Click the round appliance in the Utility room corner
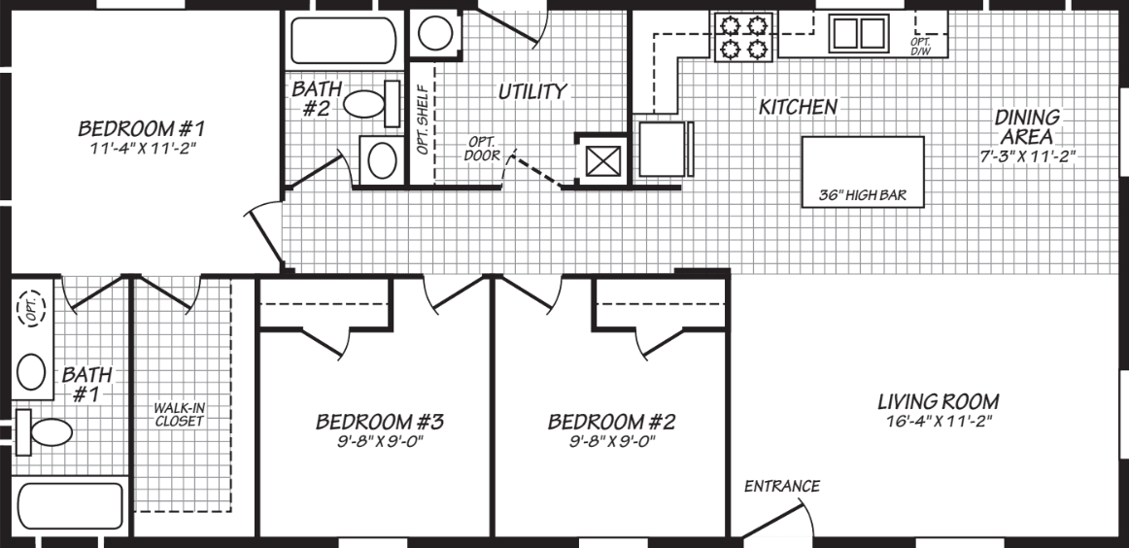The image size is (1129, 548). (431, 33)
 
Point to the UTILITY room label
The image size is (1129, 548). (532, 91)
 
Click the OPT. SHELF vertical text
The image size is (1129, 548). (423, 121)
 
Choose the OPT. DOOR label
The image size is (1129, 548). (482, 148)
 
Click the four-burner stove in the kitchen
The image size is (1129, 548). (742, 36)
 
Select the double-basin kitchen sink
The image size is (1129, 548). (858, 34)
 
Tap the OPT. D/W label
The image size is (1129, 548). (920, 46)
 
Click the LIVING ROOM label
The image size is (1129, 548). (938, 401)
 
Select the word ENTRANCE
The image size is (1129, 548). (782, 486)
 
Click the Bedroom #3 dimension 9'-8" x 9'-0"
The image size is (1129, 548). (379, 440)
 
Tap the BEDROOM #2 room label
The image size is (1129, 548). (611, 422)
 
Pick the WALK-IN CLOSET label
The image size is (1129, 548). (179, 415)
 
